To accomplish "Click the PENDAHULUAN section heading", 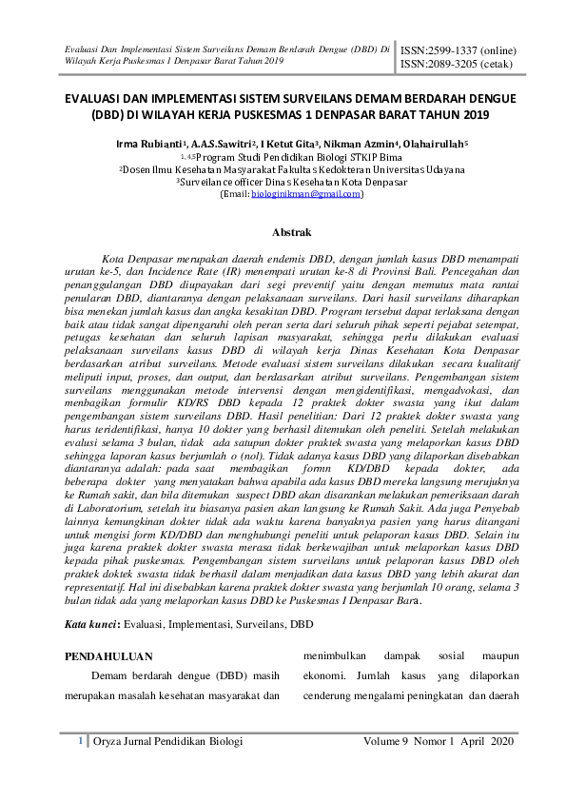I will pos(107,656).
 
